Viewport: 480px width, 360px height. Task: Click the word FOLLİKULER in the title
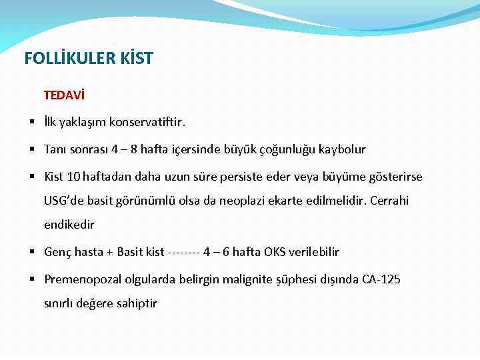point(63,59)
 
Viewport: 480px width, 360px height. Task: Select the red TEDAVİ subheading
point(64,95)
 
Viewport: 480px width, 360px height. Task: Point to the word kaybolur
point(340,149)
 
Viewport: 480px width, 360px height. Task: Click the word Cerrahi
point(389,201)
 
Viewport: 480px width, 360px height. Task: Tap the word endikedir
point(69,225)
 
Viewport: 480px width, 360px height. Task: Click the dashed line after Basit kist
point(184,252)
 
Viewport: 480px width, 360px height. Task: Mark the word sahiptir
point(136,303)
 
